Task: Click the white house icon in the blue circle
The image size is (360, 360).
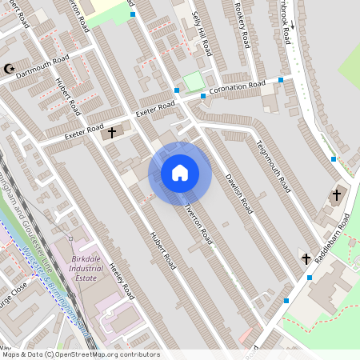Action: click(180, 173)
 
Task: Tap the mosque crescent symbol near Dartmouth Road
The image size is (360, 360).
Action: click(9, 70)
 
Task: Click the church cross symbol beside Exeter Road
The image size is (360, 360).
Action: click(113, 132)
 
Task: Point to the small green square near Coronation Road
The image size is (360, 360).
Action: click(193, 81)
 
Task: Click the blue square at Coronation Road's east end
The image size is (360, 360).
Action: click(281, 80)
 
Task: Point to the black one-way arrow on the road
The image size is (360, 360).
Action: click(292, 24)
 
